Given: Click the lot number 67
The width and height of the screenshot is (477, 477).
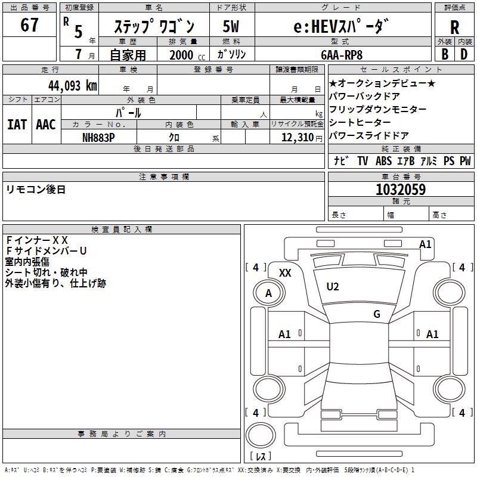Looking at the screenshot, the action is [29, 26].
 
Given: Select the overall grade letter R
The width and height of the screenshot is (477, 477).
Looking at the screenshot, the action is [454, 27].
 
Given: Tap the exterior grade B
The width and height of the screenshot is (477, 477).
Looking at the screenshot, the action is [444, 54].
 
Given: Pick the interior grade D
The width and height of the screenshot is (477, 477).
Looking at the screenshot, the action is [464, 54].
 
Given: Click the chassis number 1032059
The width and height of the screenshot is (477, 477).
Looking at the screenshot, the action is [400, 190].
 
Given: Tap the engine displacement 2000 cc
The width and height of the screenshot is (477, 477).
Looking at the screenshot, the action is [185, 55].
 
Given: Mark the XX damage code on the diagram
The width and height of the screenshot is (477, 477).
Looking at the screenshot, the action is [285, 273].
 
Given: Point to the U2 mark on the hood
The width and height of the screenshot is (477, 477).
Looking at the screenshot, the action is [332, 287].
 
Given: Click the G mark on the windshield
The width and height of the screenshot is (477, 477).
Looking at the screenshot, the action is [376, 314].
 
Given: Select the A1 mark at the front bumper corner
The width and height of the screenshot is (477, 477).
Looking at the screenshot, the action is [425, 244].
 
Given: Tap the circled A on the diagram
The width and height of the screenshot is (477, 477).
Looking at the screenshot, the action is [268, 293].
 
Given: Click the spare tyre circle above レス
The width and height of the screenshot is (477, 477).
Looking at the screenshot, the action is [261, 436].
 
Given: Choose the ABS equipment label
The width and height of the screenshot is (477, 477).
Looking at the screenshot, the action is [383, 161].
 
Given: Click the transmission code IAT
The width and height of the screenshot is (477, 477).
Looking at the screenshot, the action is [17, 125].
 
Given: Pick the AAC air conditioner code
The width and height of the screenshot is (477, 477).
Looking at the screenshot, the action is [45, 125].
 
